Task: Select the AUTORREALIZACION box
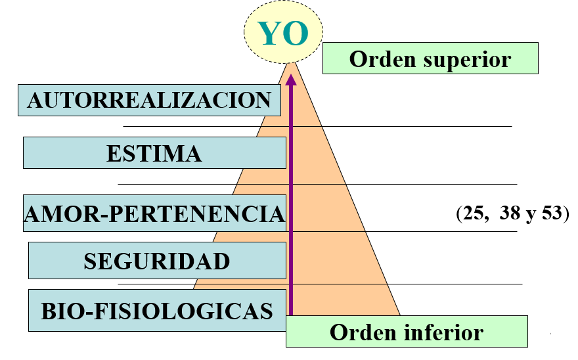click(x=149, y=100)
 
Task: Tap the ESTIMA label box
click(x=154, y=153)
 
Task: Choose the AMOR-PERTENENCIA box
click(x=154, y=214)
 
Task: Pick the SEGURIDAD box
click(x=157, y=261)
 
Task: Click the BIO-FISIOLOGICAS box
click(x=157, y=310)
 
